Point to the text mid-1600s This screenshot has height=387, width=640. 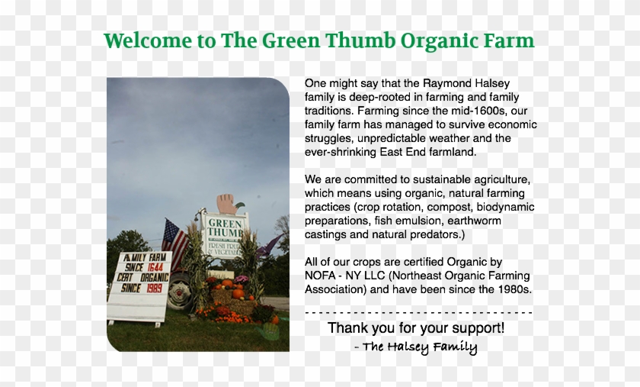431,111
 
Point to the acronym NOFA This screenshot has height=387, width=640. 322,276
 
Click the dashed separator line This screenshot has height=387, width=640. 418,312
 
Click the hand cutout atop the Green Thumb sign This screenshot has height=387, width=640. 226,203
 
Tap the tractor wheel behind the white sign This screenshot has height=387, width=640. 181,292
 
